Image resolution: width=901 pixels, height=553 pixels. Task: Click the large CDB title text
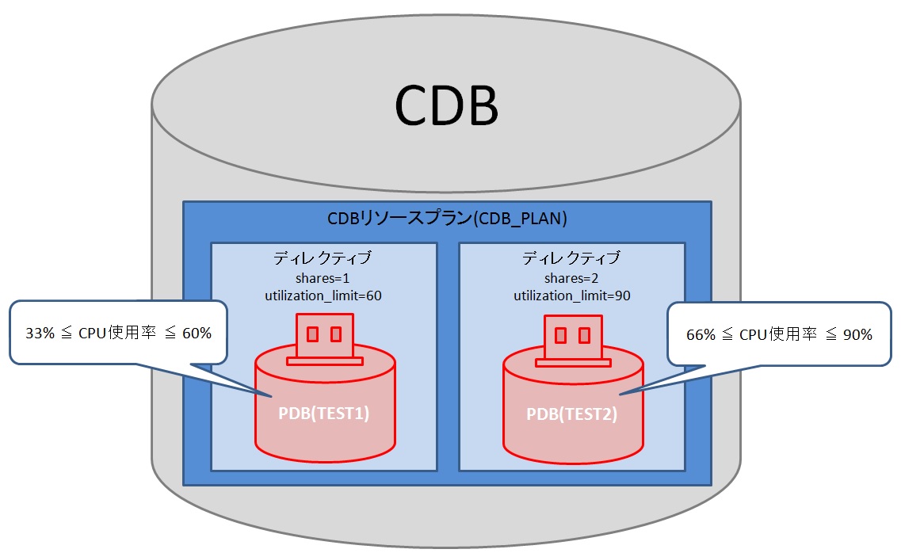pyautogui.click(x=446, y=105)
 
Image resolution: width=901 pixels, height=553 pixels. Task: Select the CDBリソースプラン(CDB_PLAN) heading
pyautogui.click(x=447, y=219)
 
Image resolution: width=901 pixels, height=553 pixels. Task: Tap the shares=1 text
pyautogui.click(x=323, y=278)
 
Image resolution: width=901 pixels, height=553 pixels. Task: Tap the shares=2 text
pyautogui.click(x=571, y=278)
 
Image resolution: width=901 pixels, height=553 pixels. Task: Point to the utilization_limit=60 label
pyautogui.click(x=323, y=296)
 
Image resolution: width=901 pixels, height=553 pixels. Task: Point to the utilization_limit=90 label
pyautogui.click(x=571, y=296)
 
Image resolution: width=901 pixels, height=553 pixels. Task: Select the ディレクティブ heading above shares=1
pyautogui.click(x=323, y=258)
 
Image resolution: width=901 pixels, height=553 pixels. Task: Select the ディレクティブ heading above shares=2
pyautogui.click(x=571, y=258)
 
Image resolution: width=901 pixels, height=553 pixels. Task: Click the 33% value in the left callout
pyautogui.click(x=40, y=334)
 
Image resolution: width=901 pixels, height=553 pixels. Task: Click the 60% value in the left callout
pyautogui.click(x=197, y=334)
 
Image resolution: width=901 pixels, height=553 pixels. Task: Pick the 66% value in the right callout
pyautogui.click(x=701, y=334)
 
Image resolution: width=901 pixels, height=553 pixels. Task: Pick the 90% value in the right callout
pyautogui.click(x=857, y=334)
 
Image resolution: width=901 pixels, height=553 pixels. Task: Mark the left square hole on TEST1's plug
pyautogui.click(x=312, y=334)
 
